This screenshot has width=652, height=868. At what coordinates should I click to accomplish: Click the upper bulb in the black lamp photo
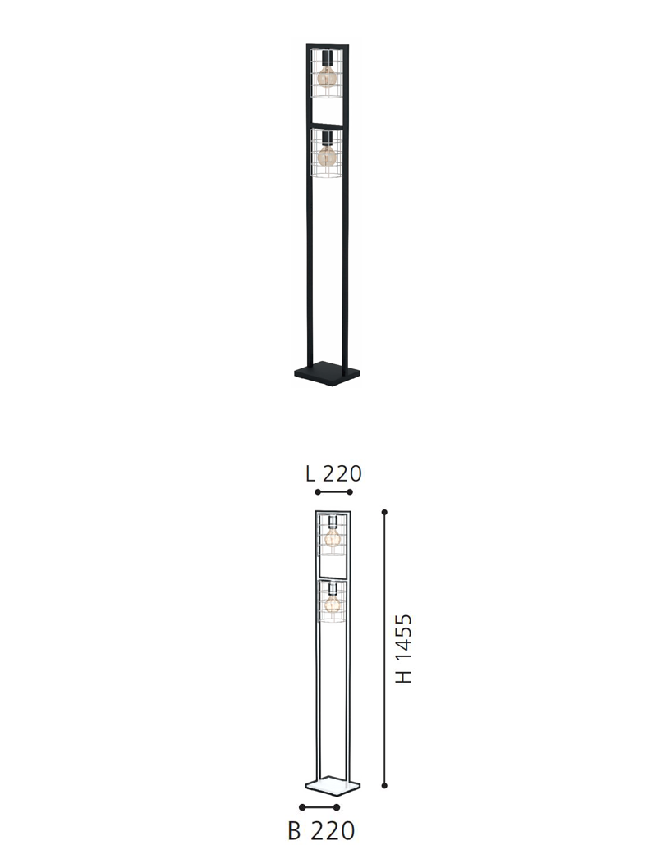point(328,76)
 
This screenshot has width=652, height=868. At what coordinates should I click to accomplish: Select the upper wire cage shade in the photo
point(328,74)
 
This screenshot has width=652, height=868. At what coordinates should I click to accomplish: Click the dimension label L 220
point(333,473)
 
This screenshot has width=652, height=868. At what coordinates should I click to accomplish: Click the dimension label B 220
point(321,831)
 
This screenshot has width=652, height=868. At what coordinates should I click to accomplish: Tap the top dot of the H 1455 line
point(384,511)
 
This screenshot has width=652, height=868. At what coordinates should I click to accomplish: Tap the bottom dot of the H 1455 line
point(384,785)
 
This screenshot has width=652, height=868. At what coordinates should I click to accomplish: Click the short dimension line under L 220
point(333,492)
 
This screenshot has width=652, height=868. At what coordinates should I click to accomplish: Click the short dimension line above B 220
point(320,808)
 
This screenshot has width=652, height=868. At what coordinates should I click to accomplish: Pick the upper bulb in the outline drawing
point(333,537)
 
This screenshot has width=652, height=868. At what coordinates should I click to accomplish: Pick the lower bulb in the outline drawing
point(333,605)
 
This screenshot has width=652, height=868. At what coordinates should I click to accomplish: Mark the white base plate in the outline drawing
point(333,787)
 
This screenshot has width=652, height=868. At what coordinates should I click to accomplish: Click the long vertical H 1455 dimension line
point(384,648)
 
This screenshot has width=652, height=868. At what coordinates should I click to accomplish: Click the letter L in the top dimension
point(310,473)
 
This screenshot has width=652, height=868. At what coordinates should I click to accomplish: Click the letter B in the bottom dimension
point(295,831)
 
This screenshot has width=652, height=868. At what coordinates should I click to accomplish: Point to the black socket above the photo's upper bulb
point(328,58)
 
